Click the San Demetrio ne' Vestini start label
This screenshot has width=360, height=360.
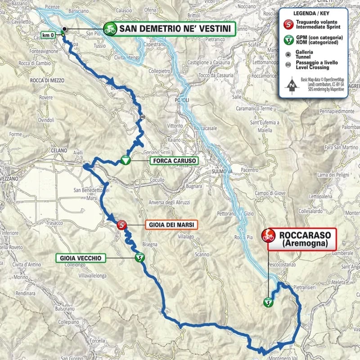point(175,30)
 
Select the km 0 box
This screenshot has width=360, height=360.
point(47,35)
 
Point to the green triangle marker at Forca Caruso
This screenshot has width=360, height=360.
point(125,160)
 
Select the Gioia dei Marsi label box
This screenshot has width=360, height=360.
point(171,225)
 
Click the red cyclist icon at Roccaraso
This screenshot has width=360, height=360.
point(269,235)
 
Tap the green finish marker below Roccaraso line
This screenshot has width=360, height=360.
point(268,302)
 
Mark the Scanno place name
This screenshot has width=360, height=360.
point(202,255)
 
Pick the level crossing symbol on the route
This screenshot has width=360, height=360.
point(142,117)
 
